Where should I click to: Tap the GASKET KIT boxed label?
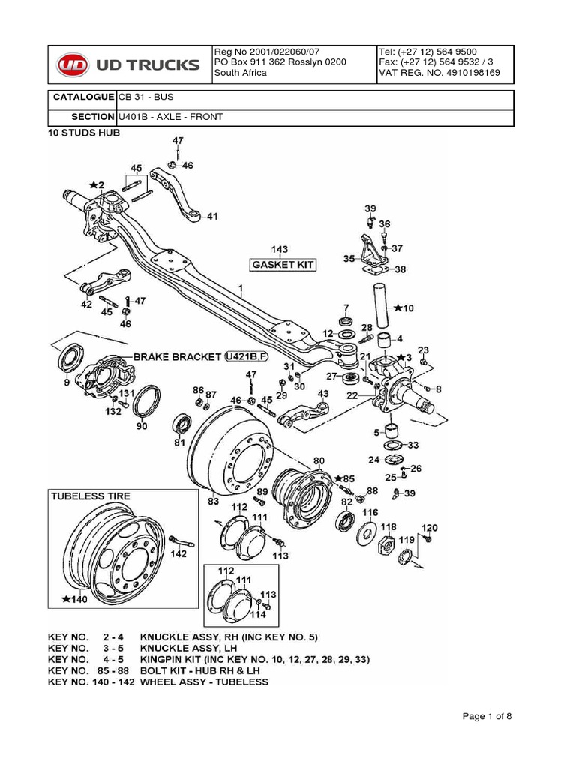click(283, 265)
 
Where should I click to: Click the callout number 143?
click(279, 249)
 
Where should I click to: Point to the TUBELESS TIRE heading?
click(90, 496)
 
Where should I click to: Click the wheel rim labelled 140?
click(104, 553)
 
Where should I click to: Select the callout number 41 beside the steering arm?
click(212, 217)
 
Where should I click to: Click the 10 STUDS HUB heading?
click(84, 133)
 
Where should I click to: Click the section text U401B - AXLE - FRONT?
click(170, 117)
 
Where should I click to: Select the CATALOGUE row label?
click(82, 97)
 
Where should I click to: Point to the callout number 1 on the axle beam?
click(241, 288)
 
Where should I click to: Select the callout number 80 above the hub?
click(318, 460)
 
